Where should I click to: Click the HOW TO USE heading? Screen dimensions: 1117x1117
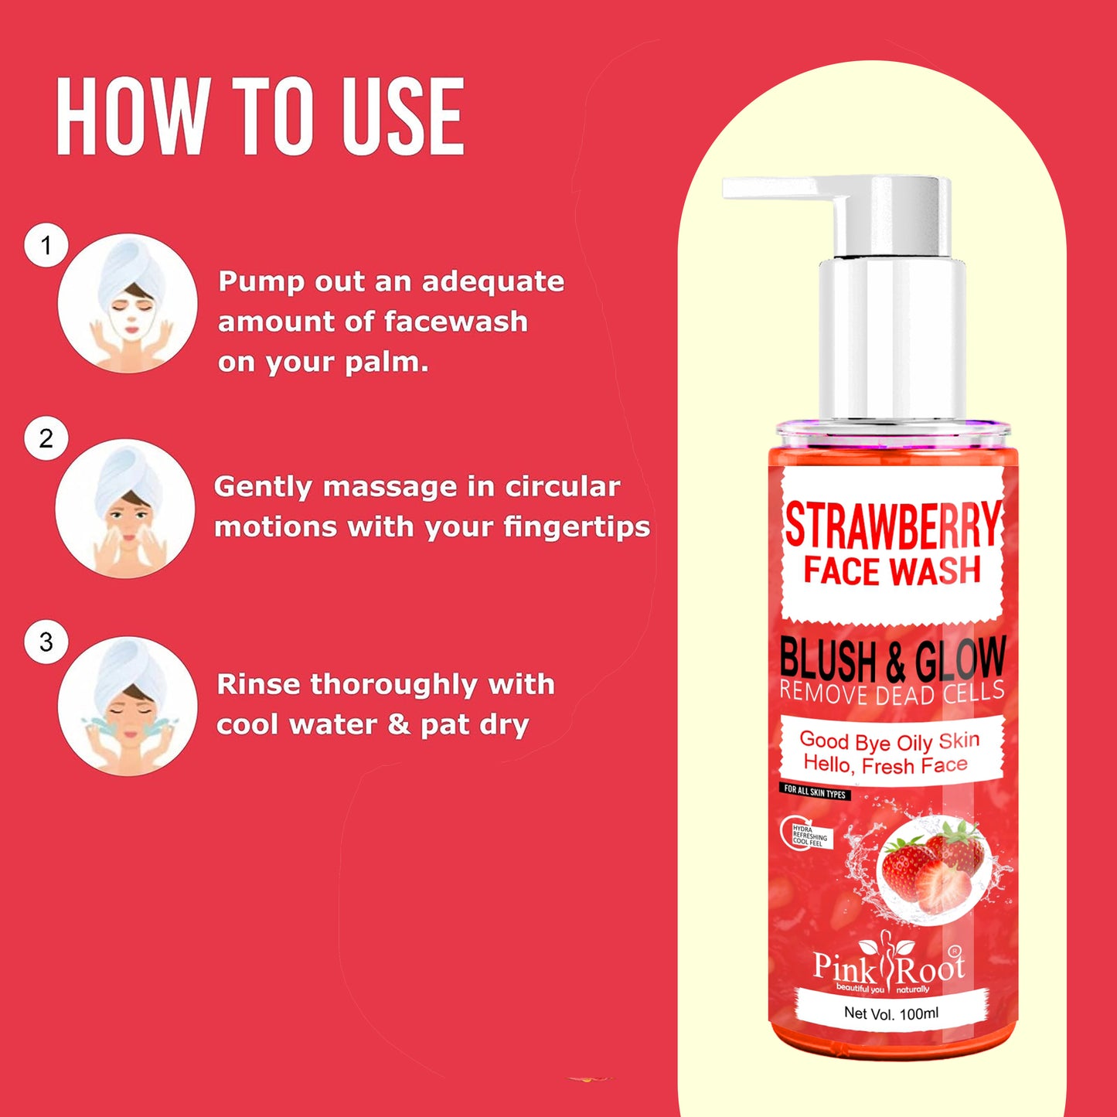click(x=260, y=117)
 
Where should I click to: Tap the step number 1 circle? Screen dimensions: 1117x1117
click(x=46, y=246)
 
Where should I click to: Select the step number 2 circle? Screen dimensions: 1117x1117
click(x=46, y=438)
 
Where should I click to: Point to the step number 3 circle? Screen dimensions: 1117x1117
click(x=46, y=642)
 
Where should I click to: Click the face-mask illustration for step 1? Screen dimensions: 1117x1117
click(x=128, y=303)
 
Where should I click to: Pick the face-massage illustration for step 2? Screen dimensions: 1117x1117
click(x=126, y=508)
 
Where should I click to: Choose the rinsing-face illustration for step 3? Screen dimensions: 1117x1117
click(x=128, y=706)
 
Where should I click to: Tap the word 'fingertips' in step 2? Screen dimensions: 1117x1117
click(x=576, y=527)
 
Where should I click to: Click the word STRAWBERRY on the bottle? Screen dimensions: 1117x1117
click(x=892, y=526)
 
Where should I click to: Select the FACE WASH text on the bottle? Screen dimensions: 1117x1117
click(x=892, y=570)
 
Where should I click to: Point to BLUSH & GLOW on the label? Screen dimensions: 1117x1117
click(x=892, y=660)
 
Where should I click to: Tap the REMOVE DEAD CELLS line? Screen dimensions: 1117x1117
click(x=892, y=693)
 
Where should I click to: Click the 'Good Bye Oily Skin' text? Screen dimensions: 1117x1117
click(x=889, y=741)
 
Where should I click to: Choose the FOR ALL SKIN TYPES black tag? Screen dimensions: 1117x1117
click(x=815, y=792)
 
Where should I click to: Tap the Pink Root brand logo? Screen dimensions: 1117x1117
click(x=889, y=966)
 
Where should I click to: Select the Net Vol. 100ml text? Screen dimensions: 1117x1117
click(x=891, y=1013)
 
